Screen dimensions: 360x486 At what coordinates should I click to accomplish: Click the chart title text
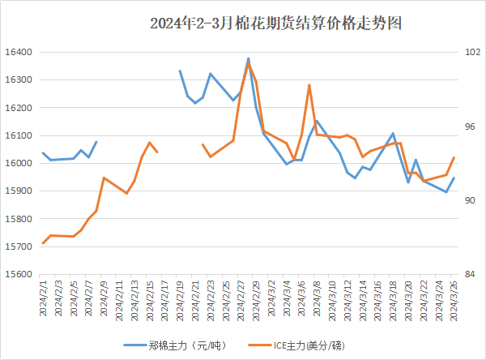point(276,24)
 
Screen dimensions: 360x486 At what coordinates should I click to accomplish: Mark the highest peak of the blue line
point(248,58)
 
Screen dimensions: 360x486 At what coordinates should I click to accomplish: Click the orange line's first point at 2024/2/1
point(43,243)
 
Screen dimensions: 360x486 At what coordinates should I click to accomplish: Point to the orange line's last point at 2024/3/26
point(454,158)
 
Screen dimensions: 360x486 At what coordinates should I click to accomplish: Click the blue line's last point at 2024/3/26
point(454,178)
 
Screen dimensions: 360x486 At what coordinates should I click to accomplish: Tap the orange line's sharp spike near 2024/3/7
point(309,85)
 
